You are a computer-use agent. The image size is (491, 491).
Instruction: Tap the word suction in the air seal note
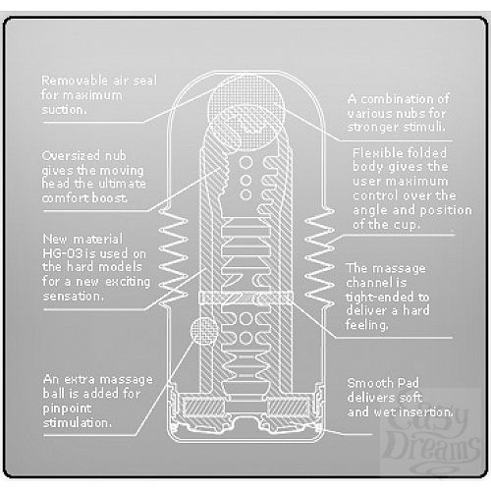point(64,110)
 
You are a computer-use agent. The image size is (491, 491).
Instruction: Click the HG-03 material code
point(62,253)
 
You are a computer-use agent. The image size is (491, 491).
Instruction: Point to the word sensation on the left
point(74,297)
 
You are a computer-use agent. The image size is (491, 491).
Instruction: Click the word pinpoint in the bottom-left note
point(67,409)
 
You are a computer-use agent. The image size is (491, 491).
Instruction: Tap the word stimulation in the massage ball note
point(78,423)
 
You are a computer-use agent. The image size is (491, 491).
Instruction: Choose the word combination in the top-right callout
point(399,99)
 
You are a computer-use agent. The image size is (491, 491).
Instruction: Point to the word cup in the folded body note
point(406,226)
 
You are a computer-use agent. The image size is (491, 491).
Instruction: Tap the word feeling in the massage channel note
point(366,325)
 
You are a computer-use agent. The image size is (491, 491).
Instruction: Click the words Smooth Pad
point(383,383)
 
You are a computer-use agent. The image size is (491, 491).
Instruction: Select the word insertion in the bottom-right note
point(428,411)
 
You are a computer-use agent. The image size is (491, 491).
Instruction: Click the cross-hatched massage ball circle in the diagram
point(204,331)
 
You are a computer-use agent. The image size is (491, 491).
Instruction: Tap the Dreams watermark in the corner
point(432,448)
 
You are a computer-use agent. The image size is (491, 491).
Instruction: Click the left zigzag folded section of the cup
point(174,258)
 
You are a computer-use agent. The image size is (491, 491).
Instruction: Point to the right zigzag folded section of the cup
point(319,258)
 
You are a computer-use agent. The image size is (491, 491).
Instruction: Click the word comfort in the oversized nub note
point(62,198)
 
